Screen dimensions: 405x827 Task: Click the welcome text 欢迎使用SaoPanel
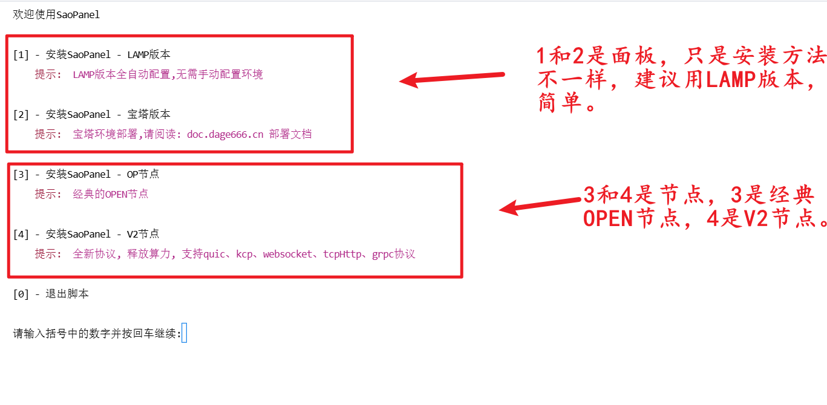point(56,15)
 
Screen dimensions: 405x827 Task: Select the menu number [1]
point(21,55)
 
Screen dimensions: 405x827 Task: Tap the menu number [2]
point(21,114)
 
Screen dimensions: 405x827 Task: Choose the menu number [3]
point(21,174)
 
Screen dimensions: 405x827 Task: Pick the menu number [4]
point(21,234)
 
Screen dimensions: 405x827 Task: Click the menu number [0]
point(21,294)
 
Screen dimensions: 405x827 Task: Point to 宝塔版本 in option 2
point(149,114)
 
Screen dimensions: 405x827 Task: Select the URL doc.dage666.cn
point(225,134)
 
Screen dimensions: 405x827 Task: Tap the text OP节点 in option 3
point(143,174)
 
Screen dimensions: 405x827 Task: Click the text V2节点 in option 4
point(143,234)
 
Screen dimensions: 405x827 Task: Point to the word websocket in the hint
point(284,254)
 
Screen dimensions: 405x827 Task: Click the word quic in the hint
point(214,254)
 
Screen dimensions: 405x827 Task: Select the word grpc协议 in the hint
point(394,254)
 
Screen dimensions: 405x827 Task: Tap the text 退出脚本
point(67,294)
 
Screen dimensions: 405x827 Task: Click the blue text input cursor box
point(184,334)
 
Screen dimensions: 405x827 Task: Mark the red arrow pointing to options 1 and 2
point(451,77)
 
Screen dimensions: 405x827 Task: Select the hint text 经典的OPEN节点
point(111,194)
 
